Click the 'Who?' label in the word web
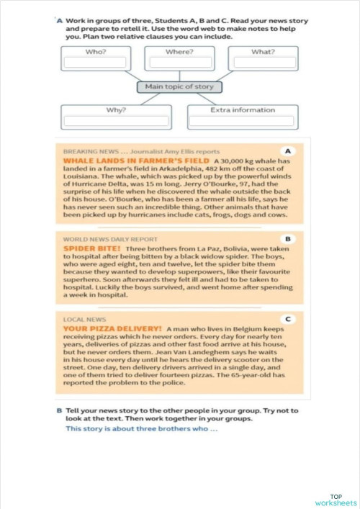(96, 52)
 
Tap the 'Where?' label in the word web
(179, 52)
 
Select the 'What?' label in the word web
(262, 52)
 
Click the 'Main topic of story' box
(179, 87)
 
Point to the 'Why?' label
(116, 110)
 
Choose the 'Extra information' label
(242, 110)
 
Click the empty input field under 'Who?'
(96, 63)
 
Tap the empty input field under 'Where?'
(179, 63)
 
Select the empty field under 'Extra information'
(242, 121)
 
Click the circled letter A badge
(287, 151)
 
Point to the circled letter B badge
(287, 238)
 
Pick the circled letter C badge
(287, 318)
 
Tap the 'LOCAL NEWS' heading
(84, 319)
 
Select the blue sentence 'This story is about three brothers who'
(141, 429)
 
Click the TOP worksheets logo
(336, 500)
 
